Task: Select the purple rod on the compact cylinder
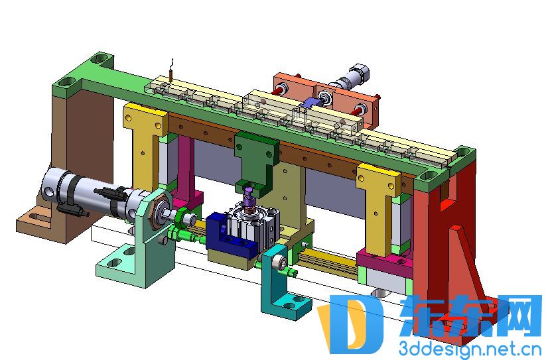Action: [249, 199]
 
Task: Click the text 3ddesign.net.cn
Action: [470, 348]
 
